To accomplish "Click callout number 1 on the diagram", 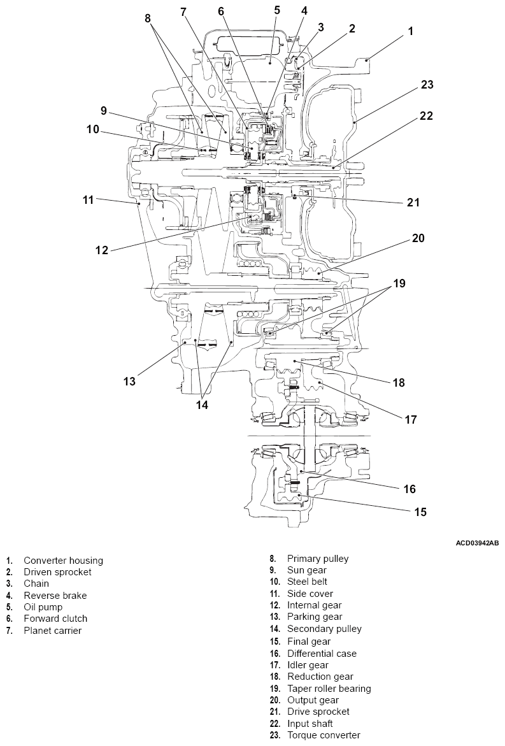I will tap(411, 31).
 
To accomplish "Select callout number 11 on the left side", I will tap(88, 199).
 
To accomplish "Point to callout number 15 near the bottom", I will tap(420, 511).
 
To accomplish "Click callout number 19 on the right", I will tap(399, 283).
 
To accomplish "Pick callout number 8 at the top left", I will tap(148, 18).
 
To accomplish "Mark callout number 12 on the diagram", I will tap(102, 250).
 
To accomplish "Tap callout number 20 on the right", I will tap(418, 238).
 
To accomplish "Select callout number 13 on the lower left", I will tap(130, 382).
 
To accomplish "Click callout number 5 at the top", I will tap(277, 10).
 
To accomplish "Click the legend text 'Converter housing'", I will tap(63, 561).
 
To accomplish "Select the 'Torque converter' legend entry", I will tap(324, 735).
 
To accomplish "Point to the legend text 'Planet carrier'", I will tap(53, 631).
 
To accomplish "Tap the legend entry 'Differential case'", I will tap(322, 654).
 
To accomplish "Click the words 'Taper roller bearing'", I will tap(329, 689).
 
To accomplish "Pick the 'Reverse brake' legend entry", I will tap(55, 596).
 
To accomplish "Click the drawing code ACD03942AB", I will tap(477, 543).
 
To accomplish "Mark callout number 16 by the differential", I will tap(409, 489).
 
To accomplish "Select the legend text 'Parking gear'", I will tap(315, 617).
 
